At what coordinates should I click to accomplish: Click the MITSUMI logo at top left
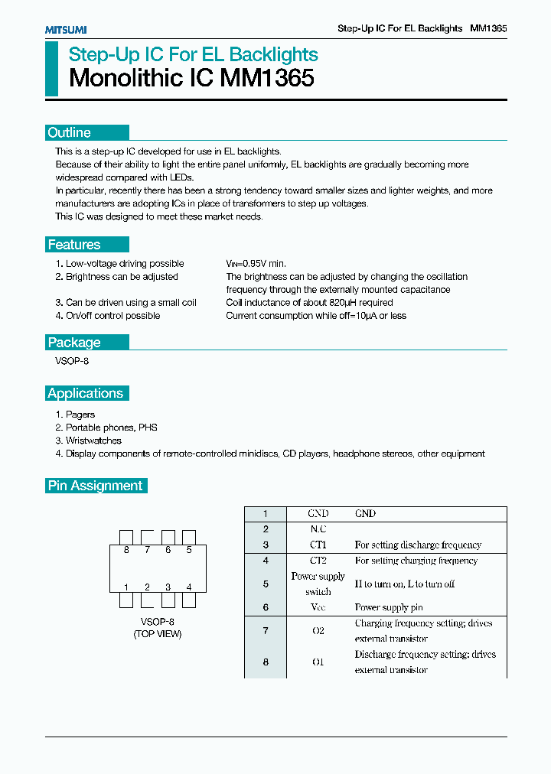[65, 29]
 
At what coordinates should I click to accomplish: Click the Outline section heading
[69, 132]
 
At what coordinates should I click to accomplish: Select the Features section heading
[74, 245]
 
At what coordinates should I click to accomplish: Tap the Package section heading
[74, 343]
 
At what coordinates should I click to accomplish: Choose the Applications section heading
[85, 393]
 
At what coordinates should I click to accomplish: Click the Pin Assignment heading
[95, 486]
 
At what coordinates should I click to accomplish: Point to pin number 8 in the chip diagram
[126, 550]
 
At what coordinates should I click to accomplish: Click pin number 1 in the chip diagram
[126, 587]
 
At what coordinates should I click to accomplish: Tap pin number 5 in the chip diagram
[189, 550]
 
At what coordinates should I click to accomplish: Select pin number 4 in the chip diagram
[189, 587]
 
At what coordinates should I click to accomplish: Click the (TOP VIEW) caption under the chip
[158, 634]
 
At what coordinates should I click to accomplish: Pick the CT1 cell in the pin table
[318, 545]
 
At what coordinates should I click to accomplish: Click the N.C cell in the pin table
[318, 529]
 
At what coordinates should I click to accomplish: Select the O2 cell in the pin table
[318, 631]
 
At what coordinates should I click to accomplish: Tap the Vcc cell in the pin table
[318, 607]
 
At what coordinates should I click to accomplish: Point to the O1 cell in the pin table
[318, 662]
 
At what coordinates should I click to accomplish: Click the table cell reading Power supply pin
[389, 607]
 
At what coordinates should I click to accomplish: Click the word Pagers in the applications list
[80, 415]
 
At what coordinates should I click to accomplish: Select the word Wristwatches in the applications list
[93, 441]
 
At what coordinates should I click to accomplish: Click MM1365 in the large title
[267, 78]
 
